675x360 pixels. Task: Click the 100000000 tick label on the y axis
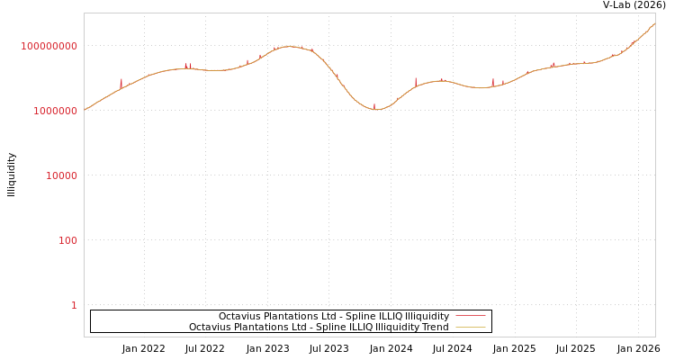pyautogui.click(x=49, y=46)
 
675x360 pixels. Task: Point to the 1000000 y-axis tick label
pyautogui.click(x=56, y=111)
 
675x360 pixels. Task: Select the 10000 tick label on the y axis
pyautogui.click(x=62, y=175)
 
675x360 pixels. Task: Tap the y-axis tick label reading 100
pyautogui.click(x=68, y=240)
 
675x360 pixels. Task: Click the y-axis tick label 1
pyautogui.click(x=74, y=305)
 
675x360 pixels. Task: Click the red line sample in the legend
pyautogui.click(x=470, y=316)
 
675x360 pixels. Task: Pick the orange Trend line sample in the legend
pyautogui.click(x=470, y=327)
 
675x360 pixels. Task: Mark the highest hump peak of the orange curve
pyautogui.click(x=289, y=46)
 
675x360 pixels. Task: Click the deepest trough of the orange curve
pyautogui.click(x=377, y=109)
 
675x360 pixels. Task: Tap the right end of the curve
pyautogui.click(x=654, y=23)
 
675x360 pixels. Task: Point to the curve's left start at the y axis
pyautogui.click(x=85, y=110)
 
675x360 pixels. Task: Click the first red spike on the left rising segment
pyautogui.click(x=121, y=82)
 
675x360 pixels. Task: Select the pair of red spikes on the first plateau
pyautogui.click(x=188, y=65)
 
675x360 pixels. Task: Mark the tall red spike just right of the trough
pyautogui.click(x=416, y=80)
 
